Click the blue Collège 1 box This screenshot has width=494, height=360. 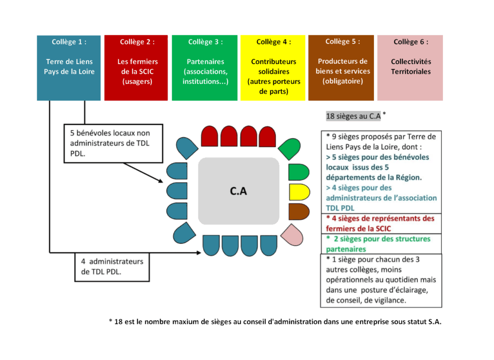(69, 68)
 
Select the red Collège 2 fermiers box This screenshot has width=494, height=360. (136, 68)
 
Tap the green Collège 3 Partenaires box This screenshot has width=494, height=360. (205, 68)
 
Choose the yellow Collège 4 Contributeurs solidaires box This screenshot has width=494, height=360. (273, 68)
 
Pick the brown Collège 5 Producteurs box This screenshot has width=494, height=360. (341, 68)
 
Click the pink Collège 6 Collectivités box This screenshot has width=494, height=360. (410, 68)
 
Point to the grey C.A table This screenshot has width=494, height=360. (238, 191)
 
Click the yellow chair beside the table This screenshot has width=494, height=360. (298, 192)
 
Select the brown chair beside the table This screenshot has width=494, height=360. (298, 211)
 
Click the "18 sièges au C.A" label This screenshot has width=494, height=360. (354, 116)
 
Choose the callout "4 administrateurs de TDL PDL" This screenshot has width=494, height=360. (112, 266)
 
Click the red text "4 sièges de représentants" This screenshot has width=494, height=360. (380, 223)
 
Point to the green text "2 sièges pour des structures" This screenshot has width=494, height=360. (378, 244)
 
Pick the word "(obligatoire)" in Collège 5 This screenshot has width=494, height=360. (342, 81)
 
